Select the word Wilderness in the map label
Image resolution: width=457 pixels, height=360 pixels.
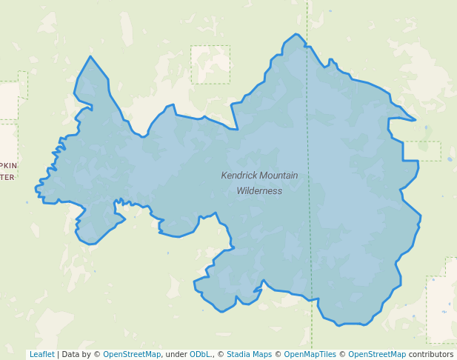click(259, 190)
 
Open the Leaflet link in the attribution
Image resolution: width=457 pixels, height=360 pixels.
click(41, 354)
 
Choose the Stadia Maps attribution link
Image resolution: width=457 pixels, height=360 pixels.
click(249, 354)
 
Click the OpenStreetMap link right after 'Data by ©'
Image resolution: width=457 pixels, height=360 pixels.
click(131, 354)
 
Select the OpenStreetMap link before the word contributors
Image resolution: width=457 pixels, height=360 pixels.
click(376, 354)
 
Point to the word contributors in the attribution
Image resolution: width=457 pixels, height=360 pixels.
click(430, 354)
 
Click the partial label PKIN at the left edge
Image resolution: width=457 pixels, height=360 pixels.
click(8, 165)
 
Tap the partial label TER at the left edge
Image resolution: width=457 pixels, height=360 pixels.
click(7, 177)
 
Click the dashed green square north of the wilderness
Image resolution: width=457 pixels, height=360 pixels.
click(210, 64)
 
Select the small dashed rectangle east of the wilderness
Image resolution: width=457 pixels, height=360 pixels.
click(422, 150)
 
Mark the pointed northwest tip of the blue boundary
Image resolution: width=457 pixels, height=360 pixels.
click(90, 57)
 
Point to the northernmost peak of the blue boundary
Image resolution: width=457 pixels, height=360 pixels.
click(296, 34)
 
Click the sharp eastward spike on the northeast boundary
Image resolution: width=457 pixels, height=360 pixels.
click(415, 120)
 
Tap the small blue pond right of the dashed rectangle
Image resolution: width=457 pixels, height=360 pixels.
click(449, 159)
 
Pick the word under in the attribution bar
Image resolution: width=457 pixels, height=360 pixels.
click(176, 354)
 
